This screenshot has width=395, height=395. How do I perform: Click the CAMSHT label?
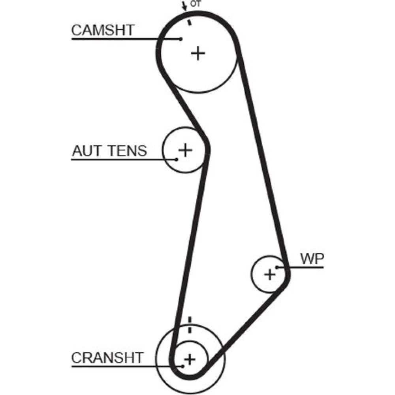(103, 30)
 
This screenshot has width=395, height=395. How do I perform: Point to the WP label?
(312, 259)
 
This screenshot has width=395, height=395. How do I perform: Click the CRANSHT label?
(107, 358)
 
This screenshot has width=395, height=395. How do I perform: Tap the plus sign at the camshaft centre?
(198, 53)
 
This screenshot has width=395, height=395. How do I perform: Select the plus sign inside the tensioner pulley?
(184, 150)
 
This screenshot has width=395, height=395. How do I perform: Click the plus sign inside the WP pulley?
(270, 274)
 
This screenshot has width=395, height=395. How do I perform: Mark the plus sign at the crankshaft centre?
(190, 359)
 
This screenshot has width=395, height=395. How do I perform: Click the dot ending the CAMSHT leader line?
(181, 39)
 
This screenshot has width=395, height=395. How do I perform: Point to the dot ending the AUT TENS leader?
(177, 159)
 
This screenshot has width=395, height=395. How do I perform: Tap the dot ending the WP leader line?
(277, 267)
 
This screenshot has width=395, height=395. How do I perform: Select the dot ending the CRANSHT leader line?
(182, 366)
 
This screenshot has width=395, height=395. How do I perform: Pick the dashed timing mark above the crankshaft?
(190, 324)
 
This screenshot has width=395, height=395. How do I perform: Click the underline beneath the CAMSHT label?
(118, 39)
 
